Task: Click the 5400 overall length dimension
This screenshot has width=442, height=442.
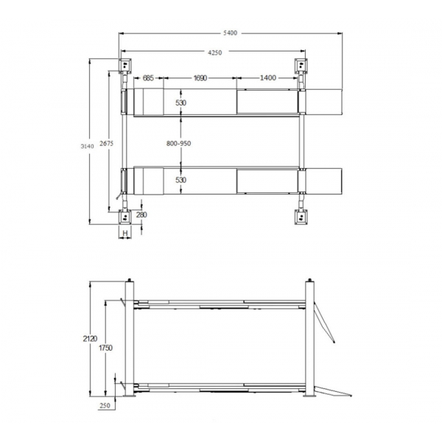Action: click(x=231, y=33)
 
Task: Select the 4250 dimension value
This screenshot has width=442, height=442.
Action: click(x=215, y=52)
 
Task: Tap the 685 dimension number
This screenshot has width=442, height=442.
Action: click(x=148, y=78)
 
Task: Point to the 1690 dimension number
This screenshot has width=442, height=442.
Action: click(x=200, y=78)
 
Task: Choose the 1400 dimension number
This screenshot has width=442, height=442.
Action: click(x=267, y=78)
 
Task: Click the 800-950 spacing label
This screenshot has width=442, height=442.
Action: click(x=178, y=144)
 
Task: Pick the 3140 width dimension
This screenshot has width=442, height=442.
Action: click(x=87, y=147)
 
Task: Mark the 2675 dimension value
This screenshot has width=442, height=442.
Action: click(x=106, y=144)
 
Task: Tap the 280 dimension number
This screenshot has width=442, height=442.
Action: click(x=141, y=215)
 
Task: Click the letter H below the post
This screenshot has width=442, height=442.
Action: click(x=125, y=233)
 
